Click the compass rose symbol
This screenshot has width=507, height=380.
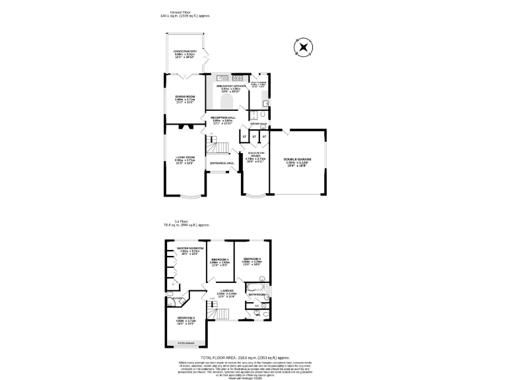coord(303,47)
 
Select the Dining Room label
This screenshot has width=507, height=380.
coord(185,98)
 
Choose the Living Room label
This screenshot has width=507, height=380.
coord(185,158)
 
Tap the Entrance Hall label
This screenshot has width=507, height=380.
coord(222,163)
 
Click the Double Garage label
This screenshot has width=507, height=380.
coord(298,160)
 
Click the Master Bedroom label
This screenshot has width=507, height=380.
coord(189,249)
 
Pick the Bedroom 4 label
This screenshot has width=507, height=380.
coord(220,261)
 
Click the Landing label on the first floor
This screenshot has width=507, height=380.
coord(227,290)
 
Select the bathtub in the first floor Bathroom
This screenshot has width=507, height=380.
coord(255,288)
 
